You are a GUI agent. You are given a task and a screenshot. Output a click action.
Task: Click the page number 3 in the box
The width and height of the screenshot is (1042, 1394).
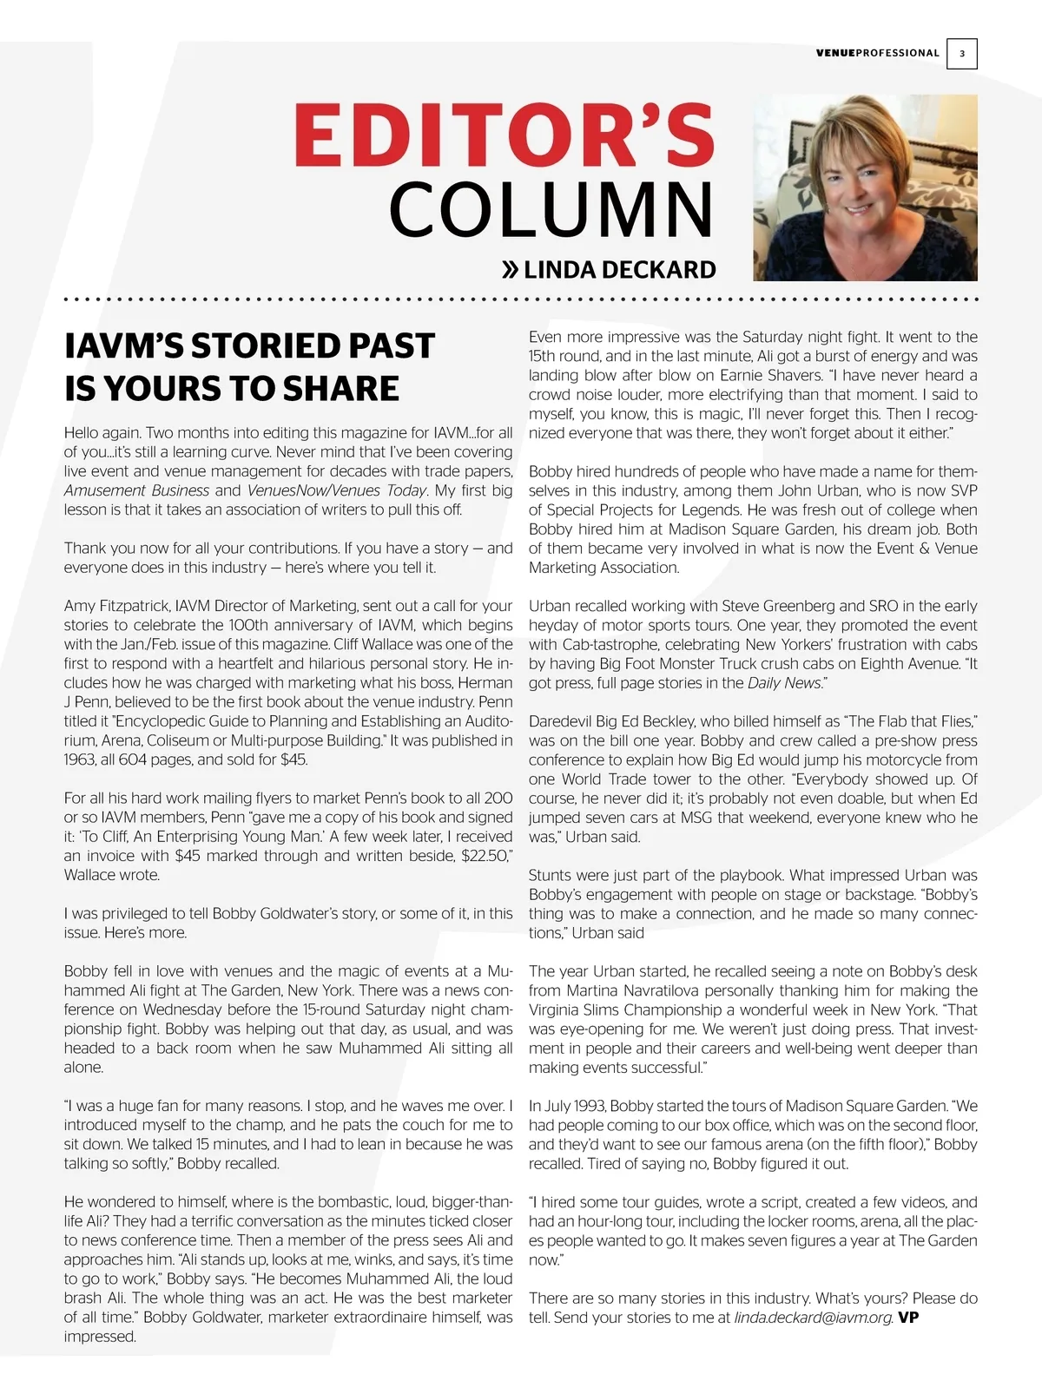[x=961, y=54]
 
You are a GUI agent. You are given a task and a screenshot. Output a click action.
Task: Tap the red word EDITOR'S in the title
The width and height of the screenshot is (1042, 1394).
[x=504, y=135]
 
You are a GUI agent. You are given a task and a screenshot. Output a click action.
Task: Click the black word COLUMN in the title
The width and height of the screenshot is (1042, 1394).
[x=551, y=210]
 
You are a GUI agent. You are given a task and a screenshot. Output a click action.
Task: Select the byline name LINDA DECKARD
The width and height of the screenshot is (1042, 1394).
[x=620, y=270]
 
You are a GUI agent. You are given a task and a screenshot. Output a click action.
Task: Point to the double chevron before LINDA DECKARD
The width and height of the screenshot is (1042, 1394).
[x=511, y=270]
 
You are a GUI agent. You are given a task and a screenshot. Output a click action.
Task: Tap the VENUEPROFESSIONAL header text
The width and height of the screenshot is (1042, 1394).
[x=877, y=53]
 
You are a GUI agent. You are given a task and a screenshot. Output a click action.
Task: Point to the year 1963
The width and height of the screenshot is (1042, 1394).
[x=82, y=759]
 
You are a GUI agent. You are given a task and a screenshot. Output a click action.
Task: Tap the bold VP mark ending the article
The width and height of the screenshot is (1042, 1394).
[x=908, y=1318]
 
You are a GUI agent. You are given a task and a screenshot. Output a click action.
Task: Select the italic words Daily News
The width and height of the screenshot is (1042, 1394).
[x=783, y=683]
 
